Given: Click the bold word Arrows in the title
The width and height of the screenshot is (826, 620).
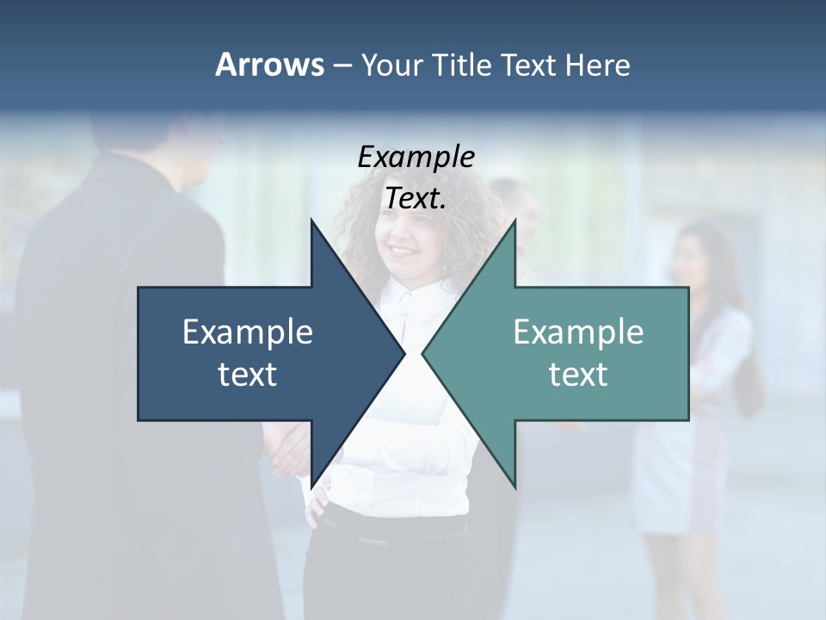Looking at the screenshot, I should [268, 65].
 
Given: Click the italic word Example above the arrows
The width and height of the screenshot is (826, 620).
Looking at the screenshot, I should [416, 158].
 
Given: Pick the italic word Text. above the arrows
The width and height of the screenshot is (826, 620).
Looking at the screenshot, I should [416, 198].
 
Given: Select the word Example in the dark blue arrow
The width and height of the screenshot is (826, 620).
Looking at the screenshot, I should [248, 332].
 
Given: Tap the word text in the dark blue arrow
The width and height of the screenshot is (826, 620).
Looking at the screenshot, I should [248, 374].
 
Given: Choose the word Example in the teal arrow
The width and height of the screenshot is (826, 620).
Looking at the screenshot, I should [578, 332].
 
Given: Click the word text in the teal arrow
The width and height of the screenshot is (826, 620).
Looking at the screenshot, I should [578, 374].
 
